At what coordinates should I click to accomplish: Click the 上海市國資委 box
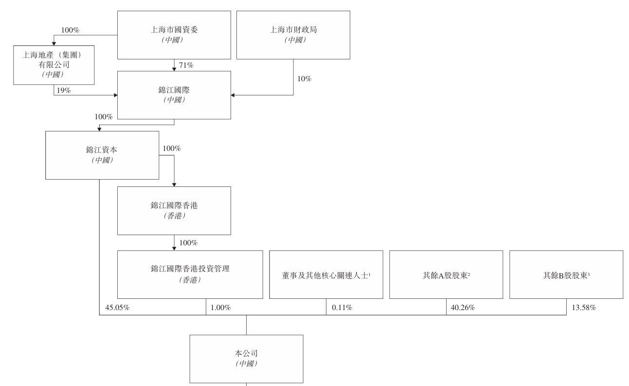pos(174,35)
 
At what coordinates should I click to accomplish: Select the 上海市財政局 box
pos(293,35)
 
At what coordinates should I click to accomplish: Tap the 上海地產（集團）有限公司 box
pos(54,65)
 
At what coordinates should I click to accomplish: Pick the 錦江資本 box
pos(102,155)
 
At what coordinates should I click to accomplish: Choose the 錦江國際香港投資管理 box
pos(190,275)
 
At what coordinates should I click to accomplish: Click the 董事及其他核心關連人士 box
pos(326,275)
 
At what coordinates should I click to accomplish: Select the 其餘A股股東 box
pos(446,275)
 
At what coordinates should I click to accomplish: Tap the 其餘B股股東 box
pos(566,275)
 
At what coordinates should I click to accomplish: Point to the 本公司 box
pos(247,359)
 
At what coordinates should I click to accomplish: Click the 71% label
pos(186,65)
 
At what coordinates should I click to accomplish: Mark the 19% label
pos(64,91)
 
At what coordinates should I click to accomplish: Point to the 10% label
pos(305,79)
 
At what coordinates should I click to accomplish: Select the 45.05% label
pos(117,308)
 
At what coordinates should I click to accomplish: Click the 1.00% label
pos(221,308)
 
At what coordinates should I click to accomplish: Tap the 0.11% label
pos(342,308)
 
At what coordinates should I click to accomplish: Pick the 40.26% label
pos(463,308)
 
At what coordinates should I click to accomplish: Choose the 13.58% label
pos(584,308)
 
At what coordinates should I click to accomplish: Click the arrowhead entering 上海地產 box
pos(54,43)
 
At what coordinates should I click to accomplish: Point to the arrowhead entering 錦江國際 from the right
pos(233,95)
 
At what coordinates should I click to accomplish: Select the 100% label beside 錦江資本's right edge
pos(172,148)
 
